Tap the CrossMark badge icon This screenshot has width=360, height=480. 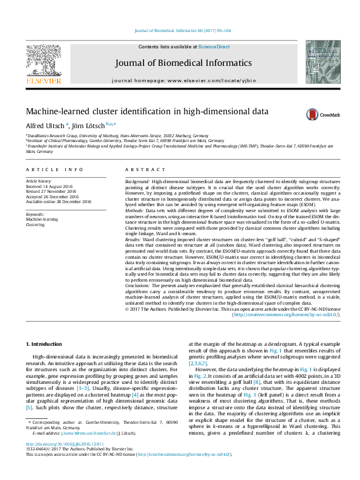tap(313, 114)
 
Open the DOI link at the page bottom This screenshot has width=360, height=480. tap(62, 460)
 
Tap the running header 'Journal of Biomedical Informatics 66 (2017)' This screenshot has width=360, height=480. tap(179, 30)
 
